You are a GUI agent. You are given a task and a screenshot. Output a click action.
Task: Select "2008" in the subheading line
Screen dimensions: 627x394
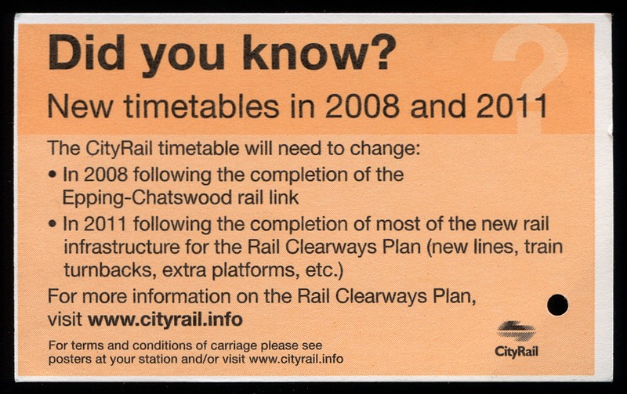coord(362,107)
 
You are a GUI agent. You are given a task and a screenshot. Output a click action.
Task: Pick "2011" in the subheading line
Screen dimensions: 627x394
coord(512,107)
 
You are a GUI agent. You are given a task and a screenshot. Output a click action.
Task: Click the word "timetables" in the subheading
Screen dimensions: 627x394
coord(201,107)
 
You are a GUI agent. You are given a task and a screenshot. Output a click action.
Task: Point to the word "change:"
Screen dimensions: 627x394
coord(385,149)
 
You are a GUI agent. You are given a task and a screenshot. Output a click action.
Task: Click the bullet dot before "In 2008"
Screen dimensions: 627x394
coord(53,175)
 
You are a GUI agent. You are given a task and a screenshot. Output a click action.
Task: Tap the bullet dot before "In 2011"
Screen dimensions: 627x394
coord(53,223)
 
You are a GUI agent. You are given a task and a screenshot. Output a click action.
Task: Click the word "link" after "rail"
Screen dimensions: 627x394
coord(284,197)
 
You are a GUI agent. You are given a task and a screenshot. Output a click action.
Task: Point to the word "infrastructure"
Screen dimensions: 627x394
coord(122,247)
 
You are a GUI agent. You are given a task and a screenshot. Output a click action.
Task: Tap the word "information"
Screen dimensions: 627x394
coord(182,297)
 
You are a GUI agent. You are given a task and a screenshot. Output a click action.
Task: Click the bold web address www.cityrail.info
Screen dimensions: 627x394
coord(165,320)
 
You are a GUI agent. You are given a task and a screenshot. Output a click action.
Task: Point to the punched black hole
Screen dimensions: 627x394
coord(557,305)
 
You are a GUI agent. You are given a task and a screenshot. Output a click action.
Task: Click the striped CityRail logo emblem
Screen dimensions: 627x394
coord(516,331)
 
